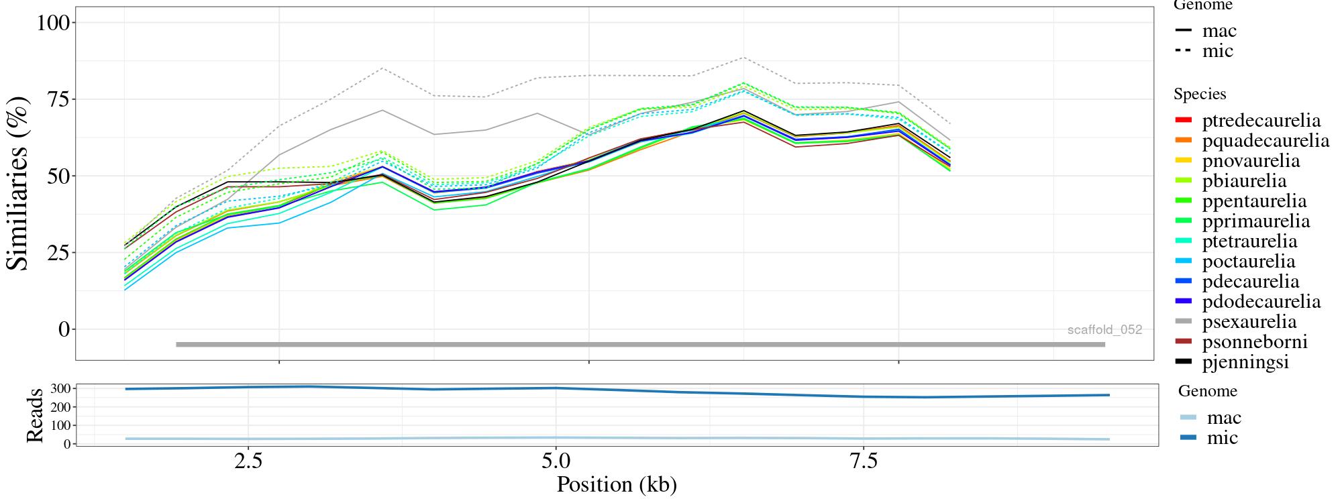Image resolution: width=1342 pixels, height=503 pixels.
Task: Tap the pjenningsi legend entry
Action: [1245, 362]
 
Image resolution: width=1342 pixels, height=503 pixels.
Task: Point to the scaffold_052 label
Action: [1104, 330]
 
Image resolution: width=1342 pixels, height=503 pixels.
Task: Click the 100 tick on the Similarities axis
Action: [53, 23]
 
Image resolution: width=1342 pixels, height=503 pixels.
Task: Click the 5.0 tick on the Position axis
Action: [556, 462]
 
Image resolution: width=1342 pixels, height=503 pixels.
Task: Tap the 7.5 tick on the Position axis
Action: [864, 462]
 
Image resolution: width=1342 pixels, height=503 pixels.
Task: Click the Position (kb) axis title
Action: [616, 484]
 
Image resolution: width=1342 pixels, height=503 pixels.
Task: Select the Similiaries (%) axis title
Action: [18, 183]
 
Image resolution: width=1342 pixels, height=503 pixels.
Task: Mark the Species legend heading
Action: [1200, 95]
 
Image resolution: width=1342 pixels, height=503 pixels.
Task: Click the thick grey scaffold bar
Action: [640, 345]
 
